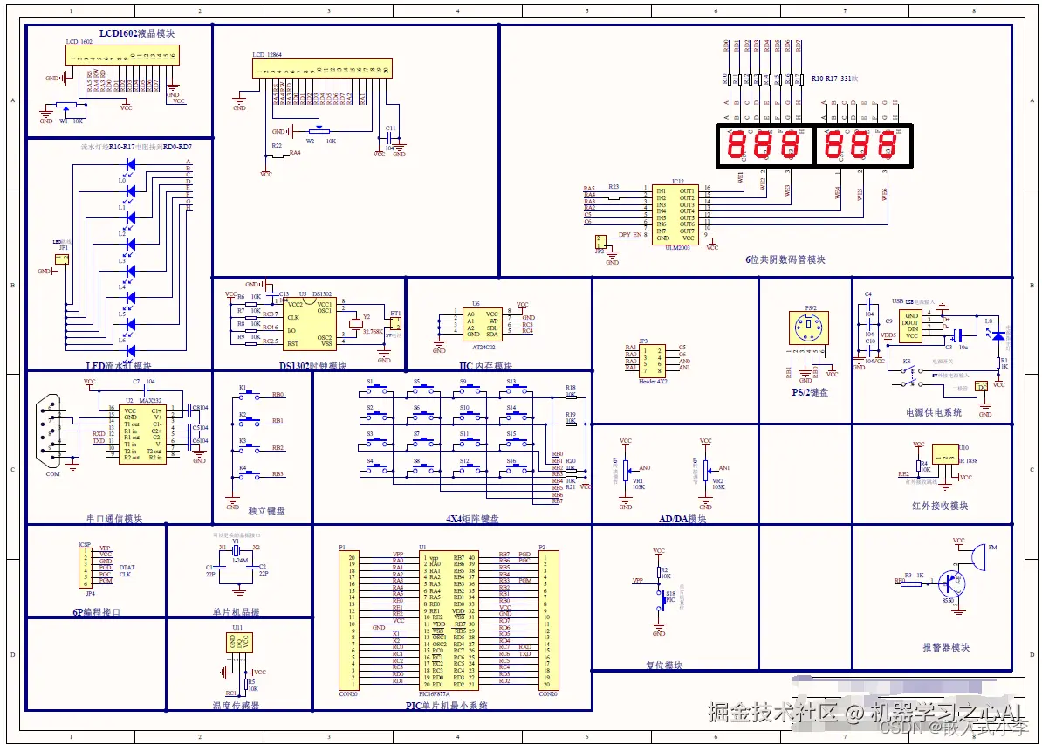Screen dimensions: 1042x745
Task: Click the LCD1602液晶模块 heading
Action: click(136, 33)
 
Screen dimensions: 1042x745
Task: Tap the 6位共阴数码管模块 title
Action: click(785, 259)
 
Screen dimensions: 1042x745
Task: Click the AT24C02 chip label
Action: click(482, 345)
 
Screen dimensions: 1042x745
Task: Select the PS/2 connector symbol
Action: click(809, 329)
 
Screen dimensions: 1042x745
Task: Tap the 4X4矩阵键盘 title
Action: click(472, 518)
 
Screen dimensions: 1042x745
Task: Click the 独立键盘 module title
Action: click(266, 511)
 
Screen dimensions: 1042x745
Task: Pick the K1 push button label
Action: click(243, 387)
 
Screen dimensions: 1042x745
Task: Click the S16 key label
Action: click(511, 460)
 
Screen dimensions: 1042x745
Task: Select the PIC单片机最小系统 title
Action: click(446, 705)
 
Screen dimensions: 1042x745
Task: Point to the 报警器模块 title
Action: click(945, 647)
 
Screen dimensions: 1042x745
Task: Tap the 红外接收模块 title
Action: click(939, 506)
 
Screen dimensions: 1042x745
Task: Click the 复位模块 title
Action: click(664, 665)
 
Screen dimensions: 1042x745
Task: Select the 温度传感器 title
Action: click(236, 705)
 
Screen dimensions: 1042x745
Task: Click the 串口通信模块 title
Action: click(113, 518)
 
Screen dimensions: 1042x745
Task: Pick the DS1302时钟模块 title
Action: click(312, 366)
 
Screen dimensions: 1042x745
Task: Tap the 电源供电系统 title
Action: click(933, 412)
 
